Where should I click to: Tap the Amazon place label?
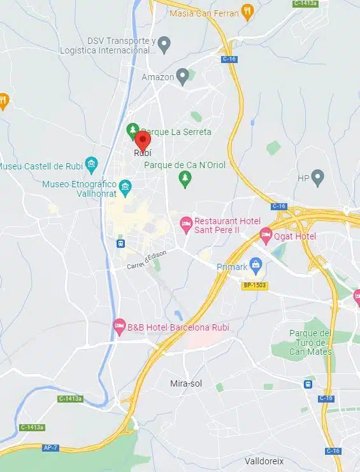157,78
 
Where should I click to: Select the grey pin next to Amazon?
182,77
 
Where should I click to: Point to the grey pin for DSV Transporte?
164,45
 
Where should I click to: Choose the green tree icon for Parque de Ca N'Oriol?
185,178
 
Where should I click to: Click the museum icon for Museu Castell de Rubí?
91,166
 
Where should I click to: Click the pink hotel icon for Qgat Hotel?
266,237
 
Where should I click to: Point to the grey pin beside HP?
317,178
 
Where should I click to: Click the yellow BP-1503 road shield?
255,285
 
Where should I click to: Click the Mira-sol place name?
187,383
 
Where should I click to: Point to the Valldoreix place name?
264,460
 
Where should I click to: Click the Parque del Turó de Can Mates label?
310,342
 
